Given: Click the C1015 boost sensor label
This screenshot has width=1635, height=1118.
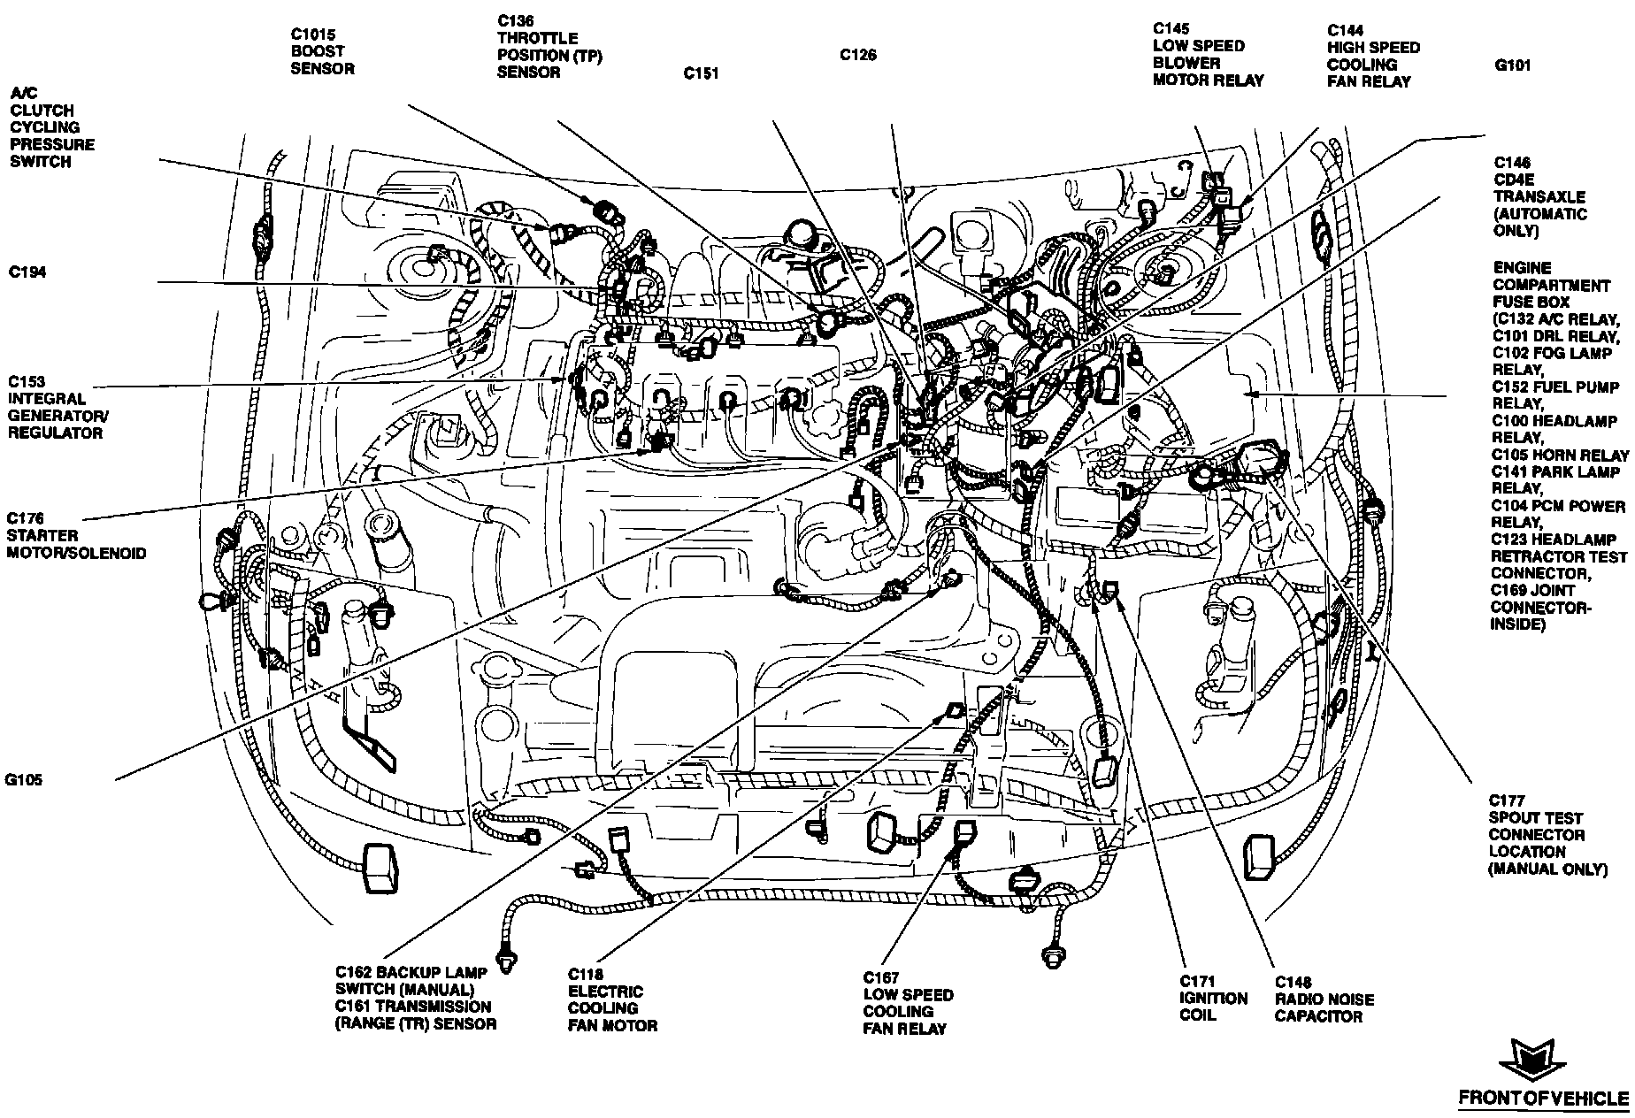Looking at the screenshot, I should click(323, 51).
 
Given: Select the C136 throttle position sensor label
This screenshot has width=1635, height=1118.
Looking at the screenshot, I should click(537, 46).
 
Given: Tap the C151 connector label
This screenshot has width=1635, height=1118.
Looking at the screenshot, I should click(701, 74).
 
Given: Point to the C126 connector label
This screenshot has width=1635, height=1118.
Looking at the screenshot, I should click(858, 55).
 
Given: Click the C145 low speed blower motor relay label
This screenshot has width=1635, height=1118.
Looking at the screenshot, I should click(1208, 55).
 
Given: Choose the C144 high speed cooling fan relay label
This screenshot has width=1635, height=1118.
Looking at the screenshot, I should click(1373, 56).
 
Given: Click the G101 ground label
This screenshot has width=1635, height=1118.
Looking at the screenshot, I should click(1513, 65).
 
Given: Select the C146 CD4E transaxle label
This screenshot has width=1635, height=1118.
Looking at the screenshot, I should click(1539, 196).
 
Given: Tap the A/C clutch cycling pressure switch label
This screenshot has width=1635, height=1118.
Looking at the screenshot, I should click(52, 127).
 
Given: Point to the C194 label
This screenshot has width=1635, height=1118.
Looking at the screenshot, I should click(27, 272).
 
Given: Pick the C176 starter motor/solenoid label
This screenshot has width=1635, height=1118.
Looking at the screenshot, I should click(76, 535).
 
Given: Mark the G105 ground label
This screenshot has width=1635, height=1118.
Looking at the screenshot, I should click(25, 780).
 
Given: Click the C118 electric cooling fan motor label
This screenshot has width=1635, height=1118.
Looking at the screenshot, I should click(612, 999).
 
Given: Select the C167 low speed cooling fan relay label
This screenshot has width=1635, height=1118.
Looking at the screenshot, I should click(908, 1003).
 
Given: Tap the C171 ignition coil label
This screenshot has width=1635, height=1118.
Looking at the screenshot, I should click(1213, 998).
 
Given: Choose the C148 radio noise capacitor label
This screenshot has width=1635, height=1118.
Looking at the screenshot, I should click(1324, 999).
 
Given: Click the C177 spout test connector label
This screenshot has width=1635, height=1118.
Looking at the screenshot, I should click(1547, 835).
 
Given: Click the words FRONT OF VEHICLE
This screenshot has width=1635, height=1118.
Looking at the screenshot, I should click(1543, 1099).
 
